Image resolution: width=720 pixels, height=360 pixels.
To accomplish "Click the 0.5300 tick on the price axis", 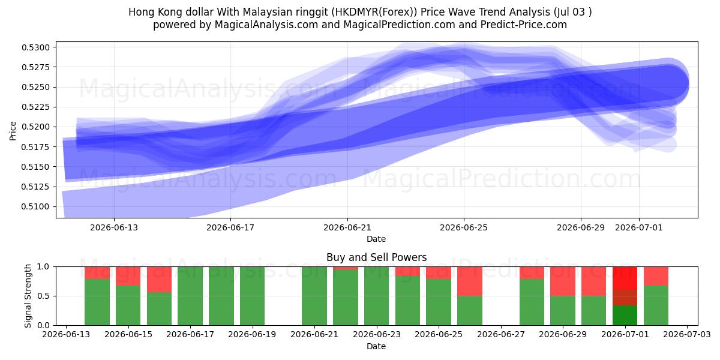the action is pyautogui.click(x=35, y=47).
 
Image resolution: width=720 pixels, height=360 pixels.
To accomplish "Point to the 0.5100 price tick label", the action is pyautogui.click(x=35, y=206).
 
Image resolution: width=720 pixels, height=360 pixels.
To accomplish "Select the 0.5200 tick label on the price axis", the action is pyautogui.click(x=35, y=127).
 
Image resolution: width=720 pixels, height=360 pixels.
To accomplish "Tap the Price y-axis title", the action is pyautogui.click(x=13, y=131).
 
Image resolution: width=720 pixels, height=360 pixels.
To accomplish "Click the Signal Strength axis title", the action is pyautogui.click(x=28, y=296).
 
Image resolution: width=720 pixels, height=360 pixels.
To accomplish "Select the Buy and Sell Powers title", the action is pyautogui.click(x=376, y=257).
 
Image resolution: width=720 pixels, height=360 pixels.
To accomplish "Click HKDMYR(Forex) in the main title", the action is pyautogui.click(x=374, y=12).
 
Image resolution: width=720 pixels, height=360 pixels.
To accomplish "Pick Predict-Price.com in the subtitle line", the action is pyautogui.click(x=524, y=25).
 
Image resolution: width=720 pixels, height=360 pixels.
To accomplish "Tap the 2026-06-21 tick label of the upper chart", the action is pyautogui.click(x=347, y=227).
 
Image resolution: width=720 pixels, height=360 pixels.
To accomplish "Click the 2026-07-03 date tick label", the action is pyautogui.click(x=687, y=334).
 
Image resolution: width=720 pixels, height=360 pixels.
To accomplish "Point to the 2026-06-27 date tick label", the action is pyautogui.click(x=501, y=334).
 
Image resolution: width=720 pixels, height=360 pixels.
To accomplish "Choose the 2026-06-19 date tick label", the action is pyautogui.click(x=252, y=334).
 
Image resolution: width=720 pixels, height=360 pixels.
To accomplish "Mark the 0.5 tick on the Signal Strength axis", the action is pyautogui.click(x=43, y=296).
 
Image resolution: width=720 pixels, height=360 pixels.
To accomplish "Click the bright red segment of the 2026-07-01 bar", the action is pyautogui.click(x=625, y=278).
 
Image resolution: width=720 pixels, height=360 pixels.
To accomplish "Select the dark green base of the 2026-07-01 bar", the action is pyautogui.click(x=625, y=316).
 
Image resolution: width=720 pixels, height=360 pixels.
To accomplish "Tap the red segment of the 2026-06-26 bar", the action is pyautogui.click(x=470, y=281).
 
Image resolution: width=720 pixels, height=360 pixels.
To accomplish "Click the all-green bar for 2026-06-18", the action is pyautogui.click(x=221, y=296).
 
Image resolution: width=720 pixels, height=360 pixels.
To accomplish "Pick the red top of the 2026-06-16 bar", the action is pyautogui.click(x=159, y=280).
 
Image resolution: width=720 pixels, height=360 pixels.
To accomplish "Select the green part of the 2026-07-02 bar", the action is pyautogui.click(x=656, y=305).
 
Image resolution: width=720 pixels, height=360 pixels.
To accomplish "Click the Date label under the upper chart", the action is pyautogui.click(x=376, y=239).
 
